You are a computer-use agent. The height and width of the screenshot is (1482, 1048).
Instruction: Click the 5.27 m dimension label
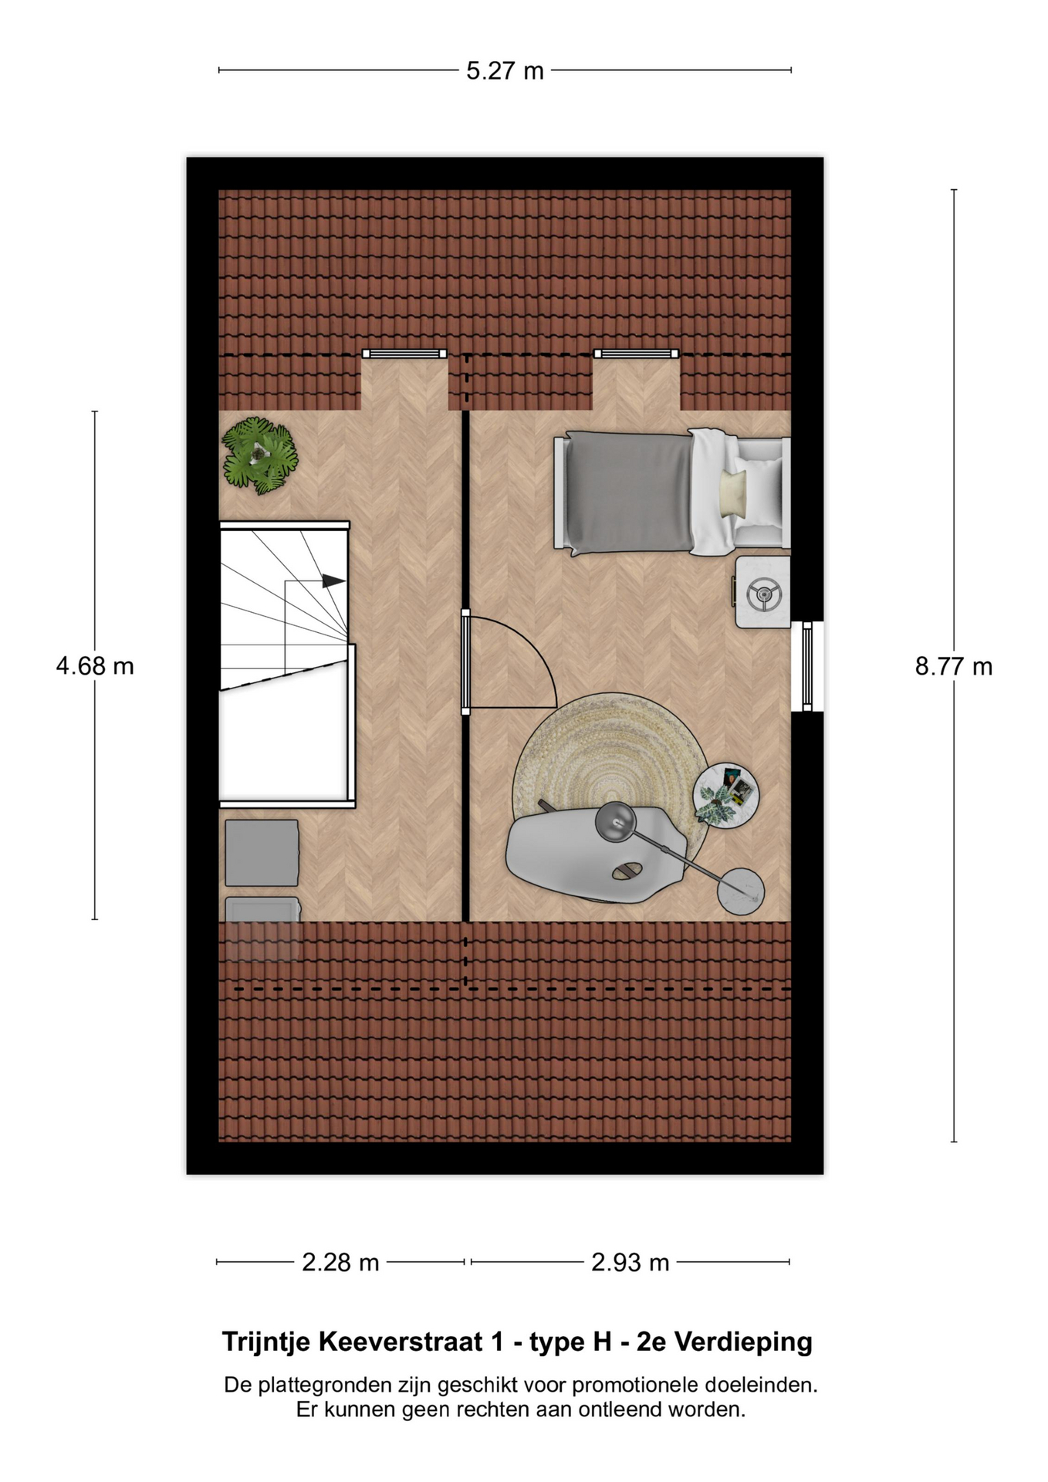pos(505,71)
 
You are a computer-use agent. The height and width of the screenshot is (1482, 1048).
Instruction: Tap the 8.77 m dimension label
pos(954,666)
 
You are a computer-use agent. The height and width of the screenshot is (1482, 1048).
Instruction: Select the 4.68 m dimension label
pos(95,666)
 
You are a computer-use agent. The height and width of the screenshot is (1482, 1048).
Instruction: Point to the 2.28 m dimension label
pos(340,1263)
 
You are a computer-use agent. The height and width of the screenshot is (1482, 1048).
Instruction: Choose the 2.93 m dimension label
pos(630,1263)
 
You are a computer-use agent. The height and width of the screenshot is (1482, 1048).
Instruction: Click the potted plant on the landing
pos(259,456)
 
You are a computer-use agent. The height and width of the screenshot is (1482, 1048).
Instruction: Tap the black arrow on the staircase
pos(333,581)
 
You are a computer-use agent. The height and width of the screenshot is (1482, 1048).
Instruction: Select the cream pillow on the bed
pos(733,494)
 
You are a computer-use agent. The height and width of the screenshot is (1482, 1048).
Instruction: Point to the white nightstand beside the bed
pos(762,593)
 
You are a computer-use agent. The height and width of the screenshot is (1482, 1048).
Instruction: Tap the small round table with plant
pos(725,795)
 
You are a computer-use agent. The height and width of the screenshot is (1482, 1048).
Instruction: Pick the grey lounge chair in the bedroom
pos(594,855)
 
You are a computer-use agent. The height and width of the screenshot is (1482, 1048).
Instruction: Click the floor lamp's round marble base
pos(741,892)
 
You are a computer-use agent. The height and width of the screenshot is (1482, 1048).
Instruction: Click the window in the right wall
pos(807,667)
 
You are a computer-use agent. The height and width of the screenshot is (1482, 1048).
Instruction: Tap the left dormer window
pos(404,354)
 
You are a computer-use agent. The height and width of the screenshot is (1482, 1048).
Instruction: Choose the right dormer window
pos(636,354)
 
